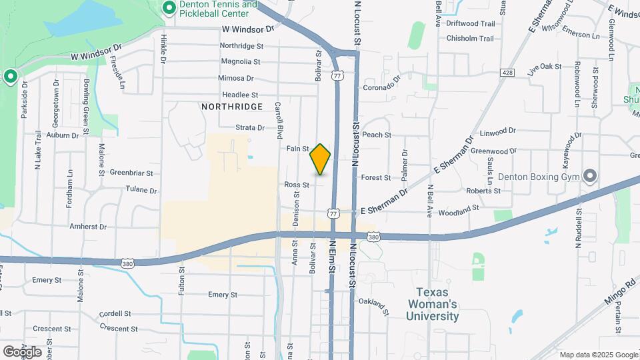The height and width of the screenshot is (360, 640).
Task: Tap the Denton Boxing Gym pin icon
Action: coord(589,176)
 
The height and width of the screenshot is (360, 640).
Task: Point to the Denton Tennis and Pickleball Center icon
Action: coord(169,8)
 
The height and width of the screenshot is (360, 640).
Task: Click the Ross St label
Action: coord(297,185)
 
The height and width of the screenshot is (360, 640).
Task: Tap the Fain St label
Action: coord(298,149)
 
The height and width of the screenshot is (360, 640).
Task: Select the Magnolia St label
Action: coord(240,61)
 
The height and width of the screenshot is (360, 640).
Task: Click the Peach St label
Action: coord(377,135)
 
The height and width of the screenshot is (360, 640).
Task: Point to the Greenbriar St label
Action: coord(131,173)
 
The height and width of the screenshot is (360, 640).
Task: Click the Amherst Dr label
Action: coord(88,227)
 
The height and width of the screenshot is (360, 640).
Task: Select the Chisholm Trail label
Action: coord(470,39)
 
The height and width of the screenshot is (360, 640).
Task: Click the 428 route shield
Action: coord(508,72)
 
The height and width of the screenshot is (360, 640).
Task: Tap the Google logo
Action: coord(22,351)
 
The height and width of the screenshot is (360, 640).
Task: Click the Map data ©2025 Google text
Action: coord(598,355)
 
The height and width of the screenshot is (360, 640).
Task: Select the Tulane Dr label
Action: coord(141,190)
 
